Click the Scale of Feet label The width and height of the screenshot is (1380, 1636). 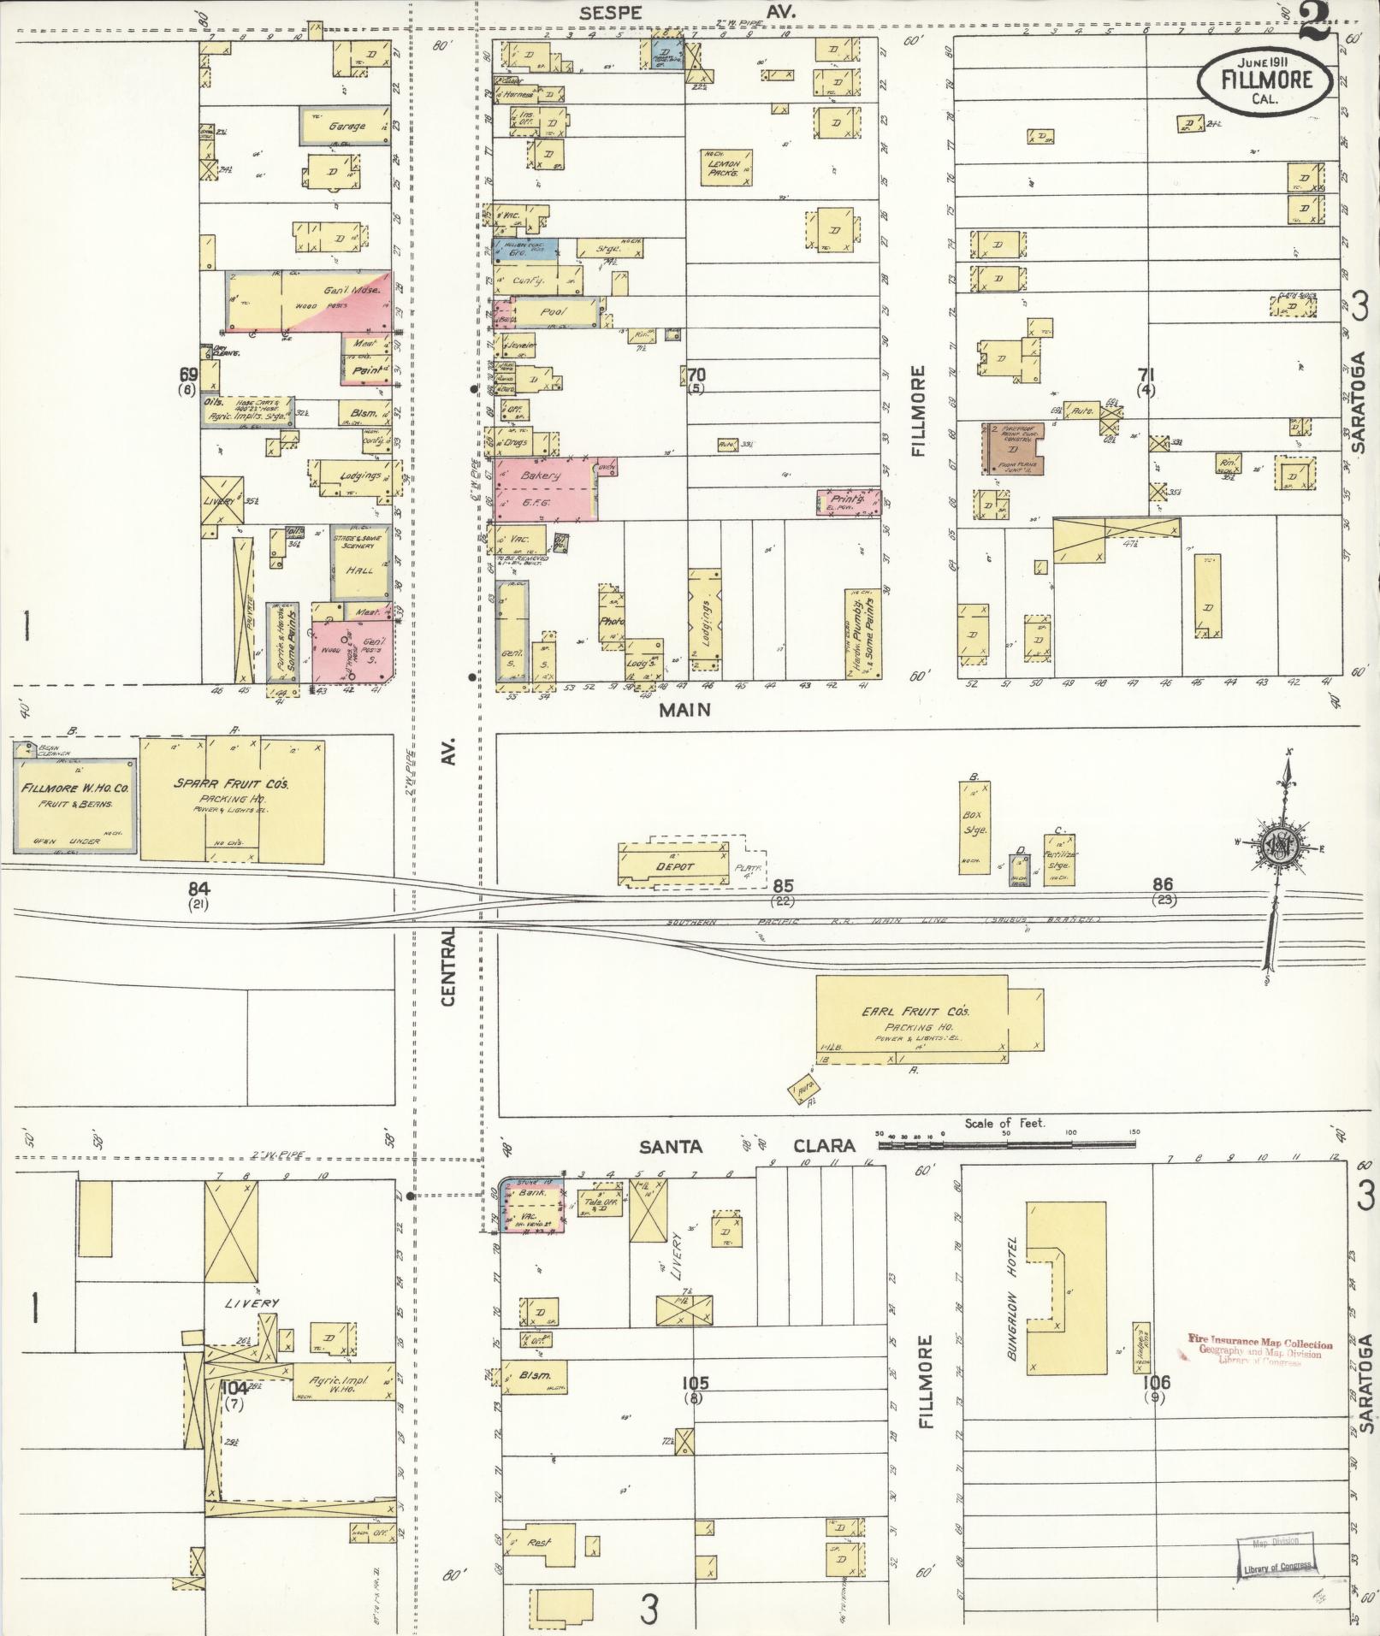1004,1123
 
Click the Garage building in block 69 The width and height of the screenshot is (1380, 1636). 346,126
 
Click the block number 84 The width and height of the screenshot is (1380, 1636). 199,889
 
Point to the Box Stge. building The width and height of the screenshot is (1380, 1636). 974,827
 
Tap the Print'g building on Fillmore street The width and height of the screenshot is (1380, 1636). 847,503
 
